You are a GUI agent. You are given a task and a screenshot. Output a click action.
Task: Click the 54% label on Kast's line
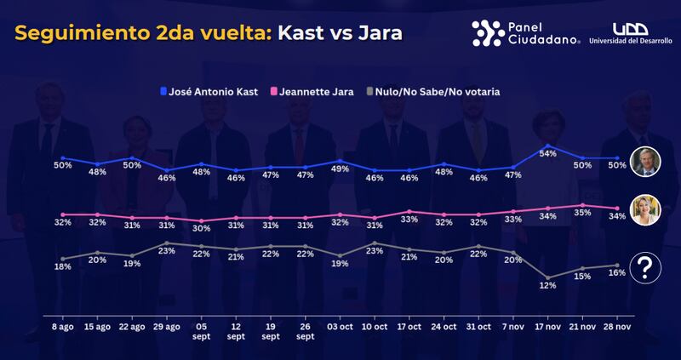(548, 153)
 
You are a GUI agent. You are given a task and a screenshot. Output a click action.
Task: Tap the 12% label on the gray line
(548, 286)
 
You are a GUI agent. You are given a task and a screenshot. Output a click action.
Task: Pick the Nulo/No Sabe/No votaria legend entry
(439, 91)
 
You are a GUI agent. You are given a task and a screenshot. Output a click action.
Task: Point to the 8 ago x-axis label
(63, 326)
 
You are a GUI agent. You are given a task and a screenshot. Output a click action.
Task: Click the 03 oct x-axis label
(340, 326)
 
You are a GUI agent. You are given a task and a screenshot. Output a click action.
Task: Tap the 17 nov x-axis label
(548, 326)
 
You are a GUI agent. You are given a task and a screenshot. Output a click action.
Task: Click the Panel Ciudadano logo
(526, 32)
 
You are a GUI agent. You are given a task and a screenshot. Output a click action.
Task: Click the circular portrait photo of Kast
(646, 161)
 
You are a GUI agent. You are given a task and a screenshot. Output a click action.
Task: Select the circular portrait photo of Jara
(646, 210)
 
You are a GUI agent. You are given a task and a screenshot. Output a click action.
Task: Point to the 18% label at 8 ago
(63, 267)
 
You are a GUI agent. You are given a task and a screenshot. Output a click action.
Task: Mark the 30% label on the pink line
(202, 228)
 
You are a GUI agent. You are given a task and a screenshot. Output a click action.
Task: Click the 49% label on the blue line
(340, 169)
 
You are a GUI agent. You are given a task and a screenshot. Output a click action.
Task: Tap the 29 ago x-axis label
(168, 326)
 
